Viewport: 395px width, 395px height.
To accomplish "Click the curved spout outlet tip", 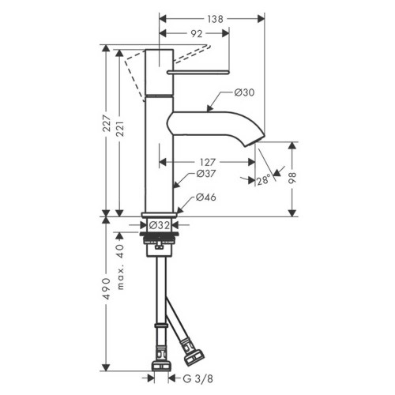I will coord(258,141).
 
